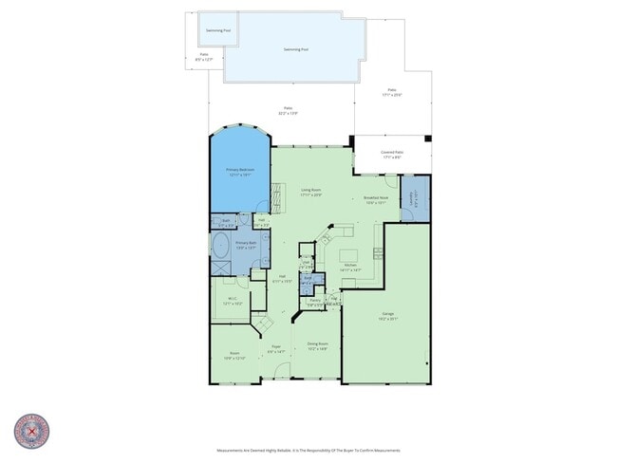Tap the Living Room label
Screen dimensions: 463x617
311,193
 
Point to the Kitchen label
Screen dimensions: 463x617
350,268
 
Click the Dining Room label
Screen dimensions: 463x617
317,345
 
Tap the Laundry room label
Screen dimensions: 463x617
414,198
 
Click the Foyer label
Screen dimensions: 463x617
276,348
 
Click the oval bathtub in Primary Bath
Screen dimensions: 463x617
220,249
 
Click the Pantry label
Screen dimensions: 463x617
314,302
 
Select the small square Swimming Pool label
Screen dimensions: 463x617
217,30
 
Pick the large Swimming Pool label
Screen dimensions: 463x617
296,49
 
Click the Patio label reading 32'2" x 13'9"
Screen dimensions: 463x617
287,110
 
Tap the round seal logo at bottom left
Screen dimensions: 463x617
30,431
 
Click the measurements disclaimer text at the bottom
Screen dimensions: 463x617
308,451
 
